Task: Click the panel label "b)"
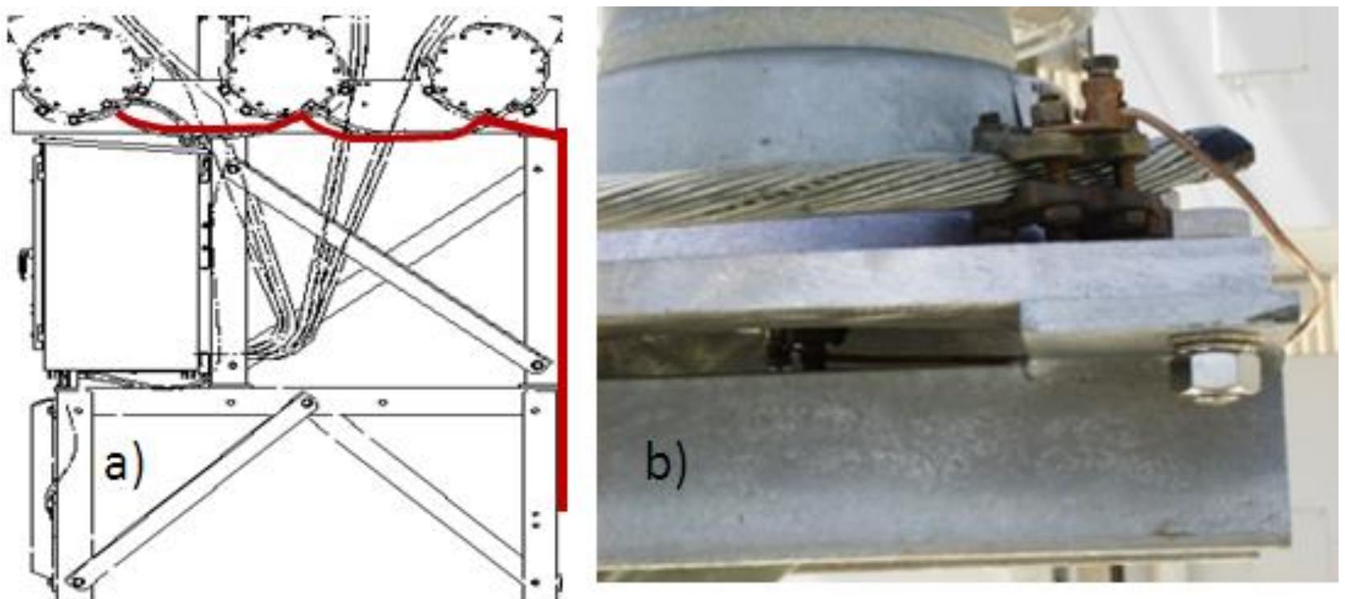click(665, 465)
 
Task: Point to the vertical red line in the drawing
click(562, 321)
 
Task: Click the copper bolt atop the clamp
click(1103, 88)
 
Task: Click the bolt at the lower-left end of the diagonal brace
click(77, 581)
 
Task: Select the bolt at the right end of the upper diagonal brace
click(538, 365)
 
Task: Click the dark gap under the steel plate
click(811, 349)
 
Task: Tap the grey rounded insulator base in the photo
click(803, 96)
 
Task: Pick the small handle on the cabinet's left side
click(24, 262)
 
